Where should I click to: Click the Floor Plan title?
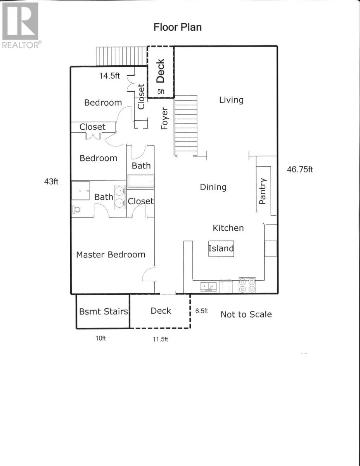(178, 28)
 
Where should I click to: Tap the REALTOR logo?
(21, 25)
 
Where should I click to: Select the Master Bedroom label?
(111, 254)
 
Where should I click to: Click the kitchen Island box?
(221, 249)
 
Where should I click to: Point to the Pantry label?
(262, 191)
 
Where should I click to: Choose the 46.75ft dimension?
(300, 170)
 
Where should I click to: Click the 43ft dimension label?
(51, 182)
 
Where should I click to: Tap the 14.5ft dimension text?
(109, 76)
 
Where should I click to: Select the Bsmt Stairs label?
(104, 311)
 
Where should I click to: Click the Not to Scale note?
(246, 315)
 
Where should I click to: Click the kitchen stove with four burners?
(247, 285)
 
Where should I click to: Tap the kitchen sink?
(209, 287)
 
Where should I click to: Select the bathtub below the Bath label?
(140, 181)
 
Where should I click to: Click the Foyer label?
(164, 118)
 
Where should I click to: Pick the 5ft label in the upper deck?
(161, 92)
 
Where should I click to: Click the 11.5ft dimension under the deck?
(160, 339)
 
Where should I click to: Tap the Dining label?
(213, 187)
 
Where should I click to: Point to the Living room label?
(231, 100)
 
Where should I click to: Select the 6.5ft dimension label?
(201, 311)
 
